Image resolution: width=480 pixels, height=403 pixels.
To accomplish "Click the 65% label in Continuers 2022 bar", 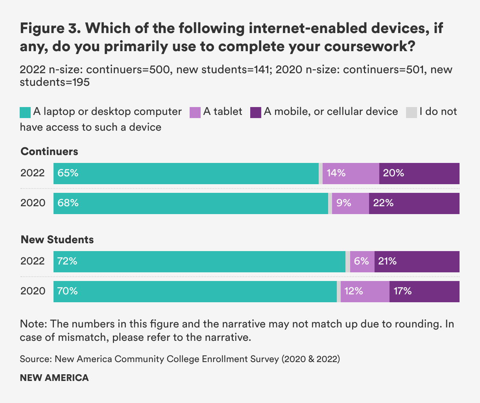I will tap(68, 173).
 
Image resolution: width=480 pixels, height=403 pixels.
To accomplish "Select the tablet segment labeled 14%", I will tap(351, 174).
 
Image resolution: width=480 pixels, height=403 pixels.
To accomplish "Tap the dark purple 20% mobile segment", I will tap(419, 174).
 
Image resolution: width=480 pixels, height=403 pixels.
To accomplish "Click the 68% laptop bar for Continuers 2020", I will tap(191, 203).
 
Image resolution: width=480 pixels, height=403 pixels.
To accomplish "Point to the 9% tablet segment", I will tap(350, 203).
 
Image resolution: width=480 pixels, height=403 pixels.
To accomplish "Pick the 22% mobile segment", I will tap(414, 203).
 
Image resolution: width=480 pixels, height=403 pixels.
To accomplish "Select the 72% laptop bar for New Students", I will tap(199, 262).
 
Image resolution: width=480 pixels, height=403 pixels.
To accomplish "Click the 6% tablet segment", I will tap(362, 262).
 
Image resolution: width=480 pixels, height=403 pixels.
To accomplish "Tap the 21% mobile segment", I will tap(417, 262).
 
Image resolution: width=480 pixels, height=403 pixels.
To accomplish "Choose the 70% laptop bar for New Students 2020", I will tap(195, 292).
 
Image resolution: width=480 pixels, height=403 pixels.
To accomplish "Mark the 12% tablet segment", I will tap(365, 292).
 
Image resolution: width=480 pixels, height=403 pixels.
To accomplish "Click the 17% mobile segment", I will tap(424, 292).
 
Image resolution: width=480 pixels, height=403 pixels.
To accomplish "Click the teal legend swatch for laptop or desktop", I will tap(25, 112).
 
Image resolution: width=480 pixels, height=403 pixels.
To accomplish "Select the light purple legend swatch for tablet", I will tap(195, 112).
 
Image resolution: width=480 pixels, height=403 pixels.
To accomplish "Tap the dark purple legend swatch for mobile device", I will tap(256, 112).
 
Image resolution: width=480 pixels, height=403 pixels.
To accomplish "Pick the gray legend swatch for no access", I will tap(411, 112).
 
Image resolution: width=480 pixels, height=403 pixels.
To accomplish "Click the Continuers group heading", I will tap(49, 152).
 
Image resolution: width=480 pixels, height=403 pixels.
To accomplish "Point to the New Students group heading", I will tap(57, 240).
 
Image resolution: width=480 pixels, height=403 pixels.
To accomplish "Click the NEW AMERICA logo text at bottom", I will tap(54, 378).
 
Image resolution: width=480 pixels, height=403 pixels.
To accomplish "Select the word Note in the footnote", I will tap(33, 324).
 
